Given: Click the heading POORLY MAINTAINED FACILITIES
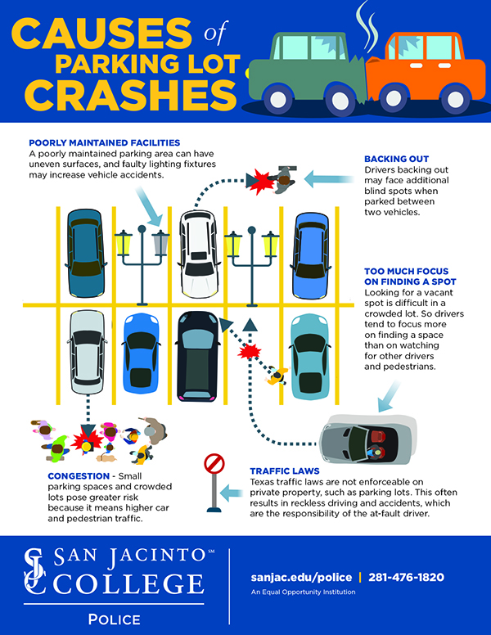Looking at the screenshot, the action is [104, 142].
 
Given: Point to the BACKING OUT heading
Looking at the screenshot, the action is [397, 158].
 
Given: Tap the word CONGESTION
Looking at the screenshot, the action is [64, 475].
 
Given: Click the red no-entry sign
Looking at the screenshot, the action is [214, 465].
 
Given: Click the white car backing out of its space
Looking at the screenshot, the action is [198, 253].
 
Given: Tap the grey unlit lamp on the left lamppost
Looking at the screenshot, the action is [160, 241].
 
